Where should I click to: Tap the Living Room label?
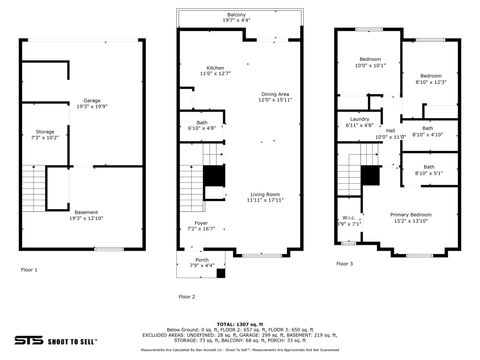click(265, 197)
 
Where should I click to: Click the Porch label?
click(201, 262)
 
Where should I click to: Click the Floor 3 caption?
click(344, 264)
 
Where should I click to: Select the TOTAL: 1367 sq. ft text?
click(239, 323)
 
